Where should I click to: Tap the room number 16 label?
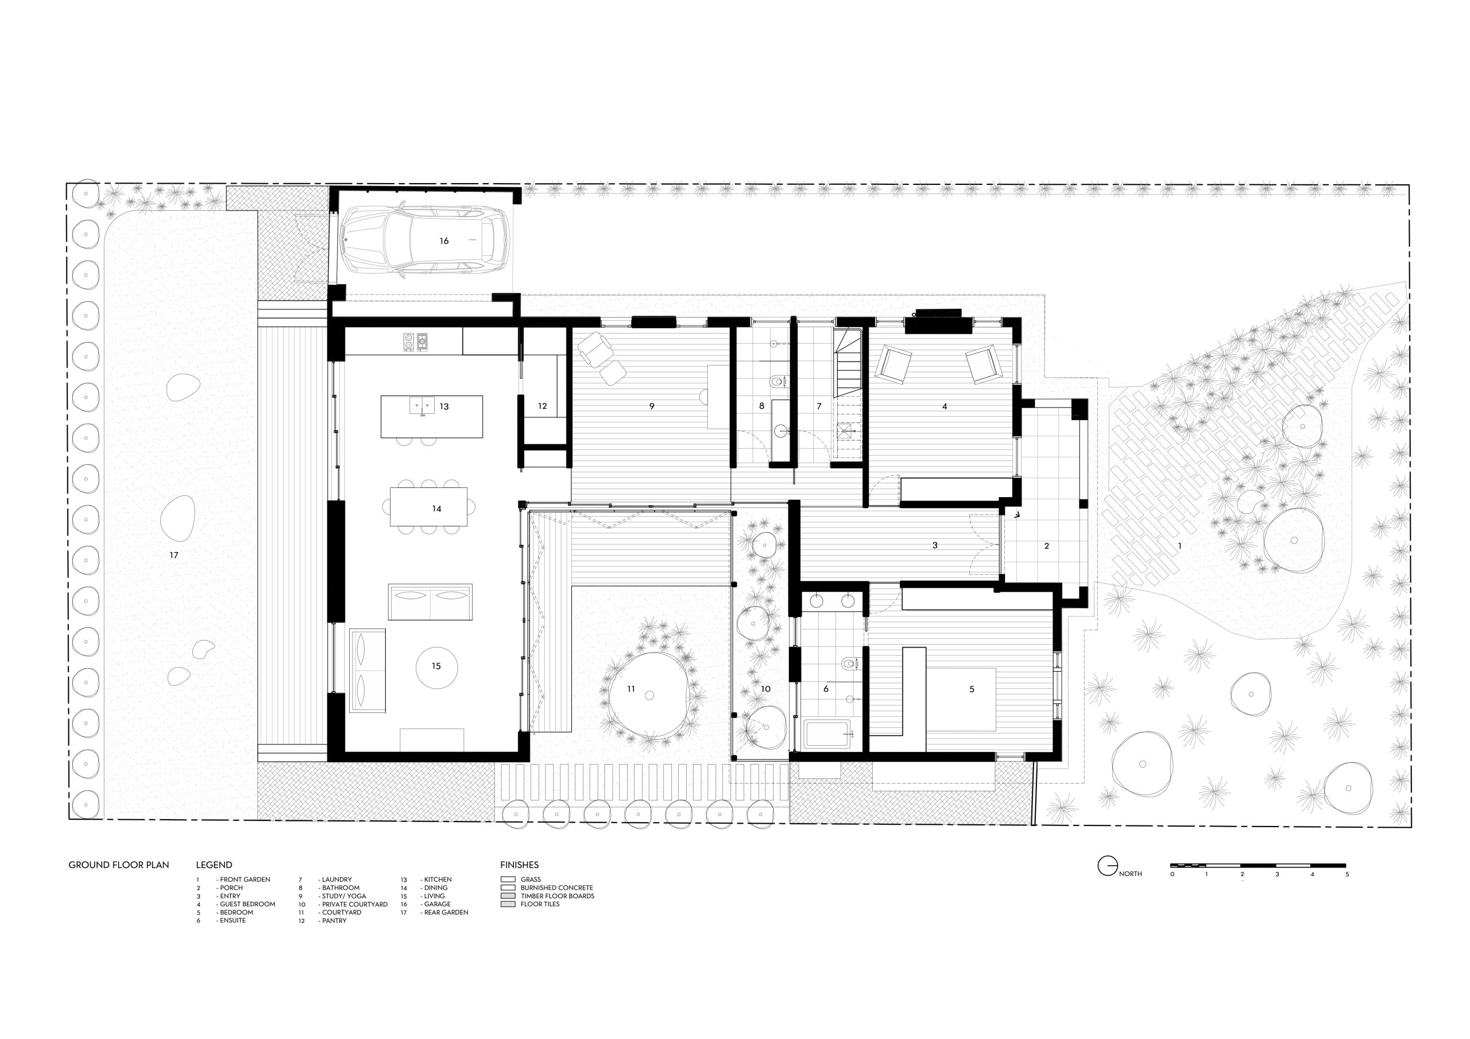[444, 241]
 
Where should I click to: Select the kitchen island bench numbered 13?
[431, 417]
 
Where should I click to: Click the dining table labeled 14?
[428, 506]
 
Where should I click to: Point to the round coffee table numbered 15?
[436, 666]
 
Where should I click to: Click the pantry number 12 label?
[542, 406]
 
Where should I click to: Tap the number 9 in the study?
[652, 406]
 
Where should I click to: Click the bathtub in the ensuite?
[829, 734]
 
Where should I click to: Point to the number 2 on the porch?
[1047, 546]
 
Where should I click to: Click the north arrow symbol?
[1108, 866]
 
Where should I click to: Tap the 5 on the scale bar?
[1347, 874]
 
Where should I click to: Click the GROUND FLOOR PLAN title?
[119, 865]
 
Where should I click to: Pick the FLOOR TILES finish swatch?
[508, 904]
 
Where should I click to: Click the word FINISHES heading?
[519, 865]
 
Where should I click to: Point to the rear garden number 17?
[174, 555]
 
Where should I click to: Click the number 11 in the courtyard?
[630, 689]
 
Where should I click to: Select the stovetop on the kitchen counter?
[416, 343]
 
